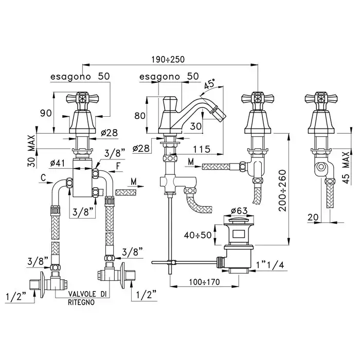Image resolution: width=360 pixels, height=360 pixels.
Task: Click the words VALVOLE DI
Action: click(x=88, y=294)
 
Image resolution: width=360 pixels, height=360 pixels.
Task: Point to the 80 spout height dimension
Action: click(x=139, y=116)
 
